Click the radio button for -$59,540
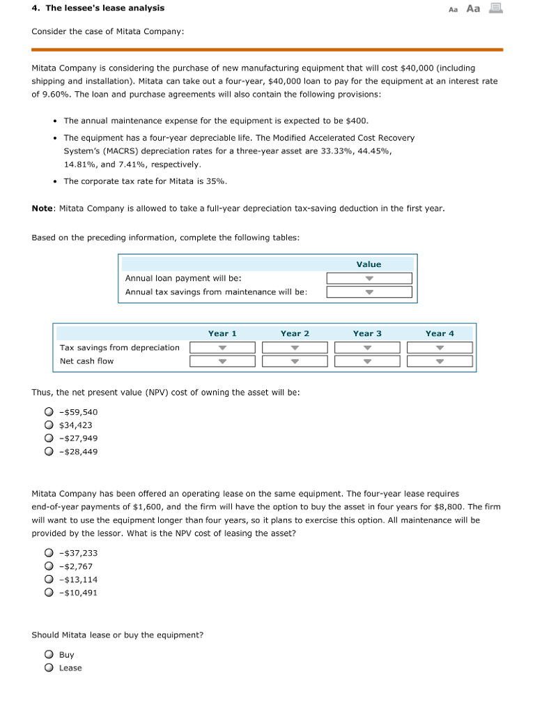coord(49,411)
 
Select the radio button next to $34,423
coord(49,425)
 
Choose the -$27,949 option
coord(49,438)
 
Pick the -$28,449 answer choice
coord(49,451)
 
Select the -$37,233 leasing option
coord(49,553)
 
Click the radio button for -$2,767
coord(49,566)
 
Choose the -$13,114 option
coord(49,579)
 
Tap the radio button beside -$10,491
coord(49,593)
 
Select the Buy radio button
coord(49,655)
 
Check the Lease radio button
coord(49,668)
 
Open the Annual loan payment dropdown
coord(369,278)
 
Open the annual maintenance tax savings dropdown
coord(369,291)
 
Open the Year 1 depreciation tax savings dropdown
coord(222,347)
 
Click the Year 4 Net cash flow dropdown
coord(440,360)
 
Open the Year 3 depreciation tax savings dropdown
coord(367,347)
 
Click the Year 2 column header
coord(295,333)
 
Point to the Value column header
coord(369,264)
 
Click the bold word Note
coord(43,208)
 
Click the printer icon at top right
coord(495,8)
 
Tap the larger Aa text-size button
coord(473,8)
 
